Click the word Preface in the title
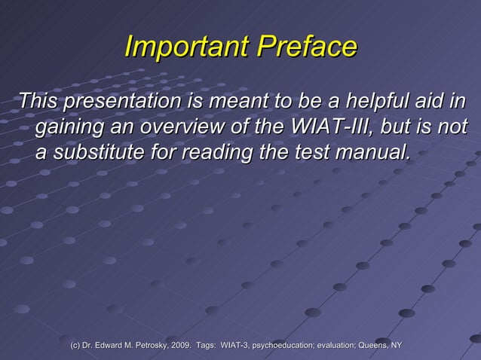tap(308, 47)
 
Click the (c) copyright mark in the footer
tap(76, 345)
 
